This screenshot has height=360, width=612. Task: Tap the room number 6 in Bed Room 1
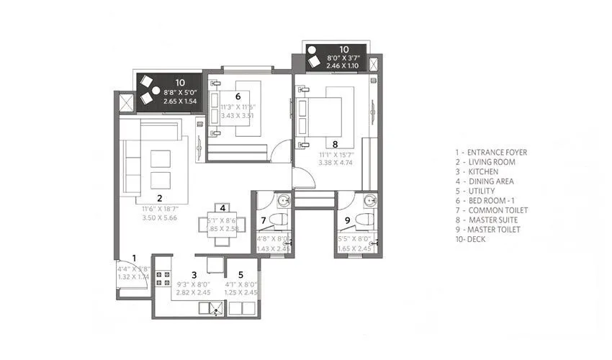(237, 95)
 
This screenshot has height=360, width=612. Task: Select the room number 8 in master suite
(335, 143)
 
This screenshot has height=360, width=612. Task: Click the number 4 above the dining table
(223, 207)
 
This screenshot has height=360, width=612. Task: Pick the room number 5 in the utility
(240, 274)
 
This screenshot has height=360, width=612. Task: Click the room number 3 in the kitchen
(194, 274)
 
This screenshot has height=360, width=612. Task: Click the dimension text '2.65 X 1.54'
(179, 102)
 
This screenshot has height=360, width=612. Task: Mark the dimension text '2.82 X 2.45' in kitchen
(194, 294)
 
